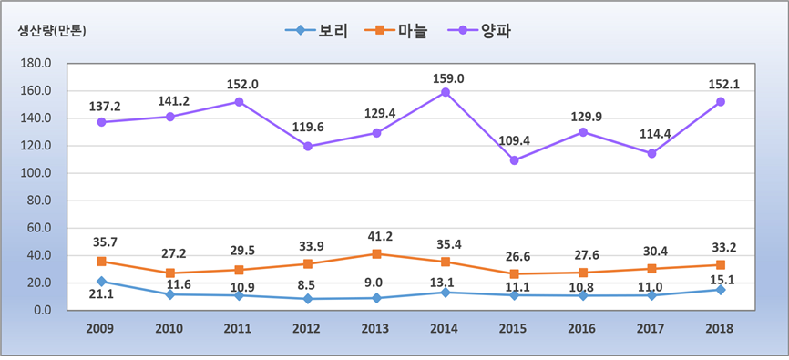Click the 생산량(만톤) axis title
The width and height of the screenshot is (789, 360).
click(56, 30)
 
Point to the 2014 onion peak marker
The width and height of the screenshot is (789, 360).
click(446, 92)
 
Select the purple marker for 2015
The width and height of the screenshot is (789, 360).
click(515, 160)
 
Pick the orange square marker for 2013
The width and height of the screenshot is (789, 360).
click(376, 253)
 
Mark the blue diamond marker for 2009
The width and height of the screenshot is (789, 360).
click(100, 281)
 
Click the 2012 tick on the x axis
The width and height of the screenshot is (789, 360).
click(308, 328)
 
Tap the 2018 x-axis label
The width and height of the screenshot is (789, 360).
click(721, 328)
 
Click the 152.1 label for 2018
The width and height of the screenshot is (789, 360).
click(721, 84)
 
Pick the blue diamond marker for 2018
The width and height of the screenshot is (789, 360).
click(721, 290)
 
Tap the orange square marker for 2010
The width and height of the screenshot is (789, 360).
click(169, 273)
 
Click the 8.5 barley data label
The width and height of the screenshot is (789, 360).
click(308, 286)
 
